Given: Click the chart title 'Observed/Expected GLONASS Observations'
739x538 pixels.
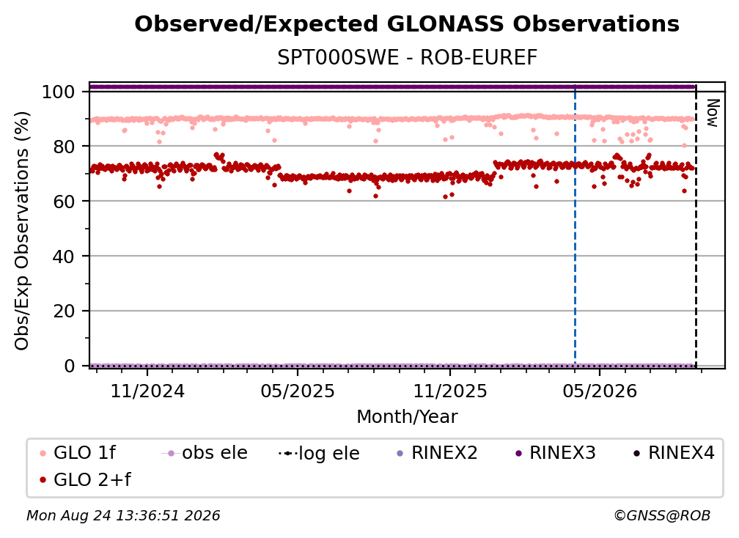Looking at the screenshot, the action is coord(407,24).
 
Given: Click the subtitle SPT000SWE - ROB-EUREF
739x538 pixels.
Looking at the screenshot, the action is coord(407,58).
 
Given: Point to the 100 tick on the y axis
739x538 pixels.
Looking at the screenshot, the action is coord(58,92).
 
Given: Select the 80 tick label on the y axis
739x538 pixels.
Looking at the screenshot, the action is coord(64,147).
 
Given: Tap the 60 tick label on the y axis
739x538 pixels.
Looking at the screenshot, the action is coord(64,202).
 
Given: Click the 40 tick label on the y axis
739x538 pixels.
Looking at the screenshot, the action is coord(64,257).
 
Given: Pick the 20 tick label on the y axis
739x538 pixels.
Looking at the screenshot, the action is coord(64,312).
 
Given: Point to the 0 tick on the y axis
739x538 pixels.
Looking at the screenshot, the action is coord(69,366).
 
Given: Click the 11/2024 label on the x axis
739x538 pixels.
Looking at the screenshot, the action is coord(147,391).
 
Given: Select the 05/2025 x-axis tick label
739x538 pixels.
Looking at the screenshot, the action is coord(298,391).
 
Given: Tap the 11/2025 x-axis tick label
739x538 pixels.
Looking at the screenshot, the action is coord(450,391).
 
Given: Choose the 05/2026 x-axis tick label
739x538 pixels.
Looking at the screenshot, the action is coord(600,391).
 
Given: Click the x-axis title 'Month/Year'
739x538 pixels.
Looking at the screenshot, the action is coord(407,417).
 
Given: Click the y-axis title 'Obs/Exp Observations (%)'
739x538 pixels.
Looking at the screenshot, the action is coord(22,230).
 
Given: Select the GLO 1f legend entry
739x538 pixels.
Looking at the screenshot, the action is coord(78,453).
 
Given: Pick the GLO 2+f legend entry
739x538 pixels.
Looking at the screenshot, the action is coord(85,480).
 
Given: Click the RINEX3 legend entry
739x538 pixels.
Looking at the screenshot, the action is coord(556,453).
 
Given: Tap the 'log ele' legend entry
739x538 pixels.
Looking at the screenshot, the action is coord(319,453).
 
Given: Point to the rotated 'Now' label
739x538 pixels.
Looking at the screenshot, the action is coord(712,113).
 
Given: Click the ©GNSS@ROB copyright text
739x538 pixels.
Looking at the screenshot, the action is coord(662,516).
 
